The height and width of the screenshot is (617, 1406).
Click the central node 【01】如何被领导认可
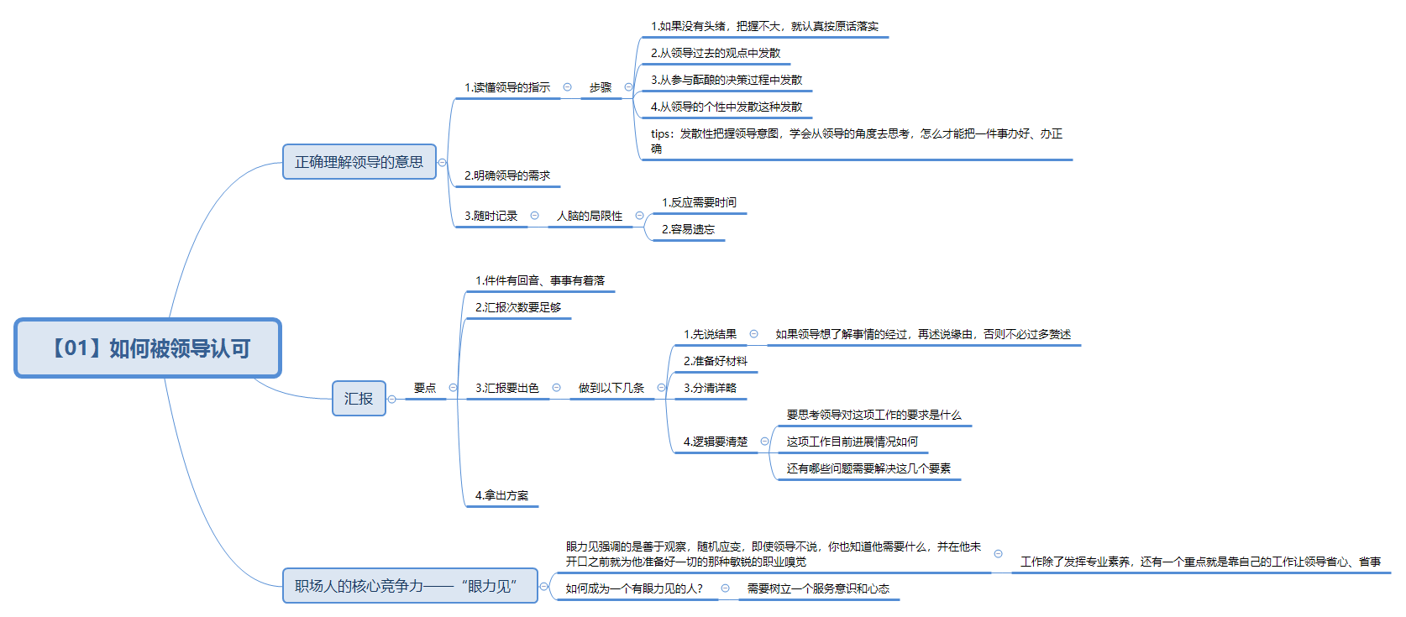[148, 348]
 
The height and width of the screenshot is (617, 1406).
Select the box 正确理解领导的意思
[359, 162]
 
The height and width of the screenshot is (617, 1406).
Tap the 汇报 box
[359, 398]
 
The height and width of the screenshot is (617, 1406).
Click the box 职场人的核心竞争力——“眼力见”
[410, 586]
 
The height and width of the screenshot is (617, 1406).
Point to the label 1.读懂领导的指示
[507, 88]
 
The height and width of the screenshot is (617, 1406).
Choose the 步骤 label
[600, 88]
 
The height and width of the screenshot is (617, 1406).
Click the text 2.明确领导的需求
[507, 175]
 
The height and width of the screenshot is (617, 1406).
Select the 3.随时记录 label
[491, 216]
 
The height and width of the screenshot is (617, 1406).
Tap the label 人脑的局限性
[590, 216]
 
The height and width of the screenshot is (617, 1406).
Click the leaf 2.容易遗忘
[688, 229]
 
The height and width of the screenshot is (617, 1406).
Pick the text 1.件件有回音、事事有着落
[540, 280]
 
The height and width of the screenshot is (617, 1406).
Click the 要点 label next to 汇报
[424, 388]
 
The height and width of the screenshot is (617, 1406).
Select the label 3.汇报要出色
[507, 388]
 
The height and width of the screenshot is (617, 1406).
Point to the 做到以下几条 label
[611, 388]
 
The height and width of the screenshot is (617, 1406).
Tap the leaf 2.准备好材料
[716, 361]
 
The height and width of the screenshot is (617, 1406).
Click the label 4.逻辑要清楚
[716, 442]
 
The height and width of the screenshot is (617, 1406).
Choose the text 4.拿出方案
[501, 495]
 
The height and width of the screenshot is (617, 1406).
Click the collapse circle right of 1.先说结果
[754, 334]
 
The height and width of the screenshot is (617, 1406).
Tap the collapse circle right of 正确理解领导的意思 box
[442, 162]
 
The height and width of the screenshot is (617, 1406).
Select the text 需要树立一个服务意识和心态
[819, 588]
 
